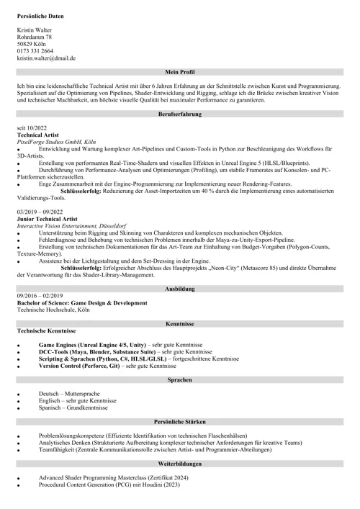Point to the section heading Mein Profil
pyautogui.click(x=179, y=72)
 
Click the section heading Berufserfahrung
pyautogui.click(x=179, y=114)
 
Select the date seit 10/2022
pyautogui.click(x=32, y=128)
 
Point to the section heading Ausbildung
pyautogui.click(x=179, y=288)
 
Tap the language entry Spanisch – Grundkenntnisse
pyautogui.click(x=73, y=407)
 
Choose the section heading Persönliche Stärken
pyautogui.click(x=179, y=421)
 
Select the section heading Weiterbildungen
pyautogui.click(x=179, y=464)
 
